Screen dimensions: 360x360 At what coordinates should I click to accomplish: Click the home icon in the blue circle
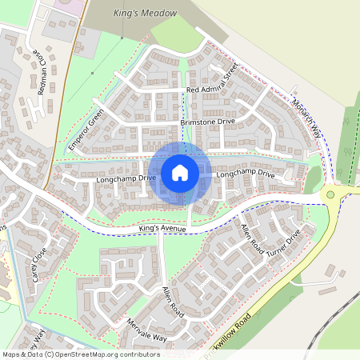click(180, 172)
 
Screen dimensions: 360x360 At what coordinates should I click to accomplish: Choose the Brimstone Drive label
click(208, 122)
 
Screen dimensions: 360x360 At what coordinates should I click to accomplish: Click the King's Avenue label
click(162, 230)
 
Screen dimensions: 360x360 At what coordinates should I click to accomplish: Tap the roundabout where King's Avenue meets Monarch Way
click(330, 194)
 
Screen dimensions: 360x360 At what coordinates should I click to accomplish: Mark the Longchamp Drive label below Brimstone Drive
click(245, 174)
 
